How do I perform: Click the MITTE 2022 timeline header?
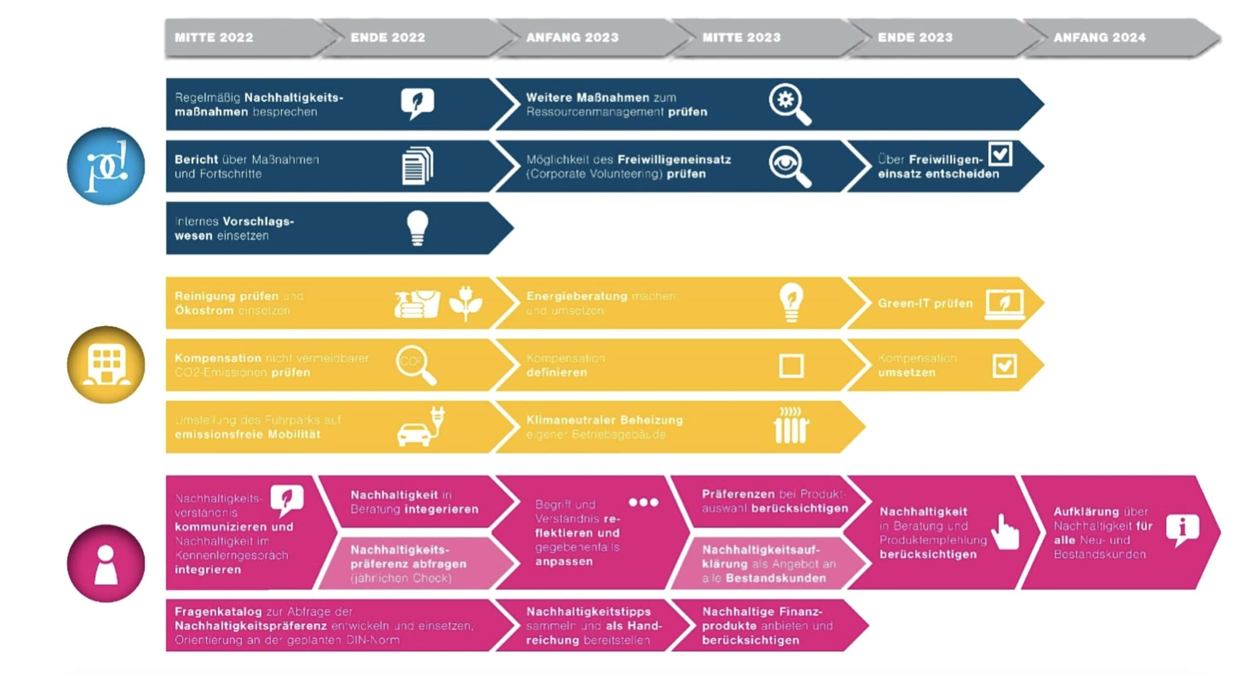(x=214, y=38)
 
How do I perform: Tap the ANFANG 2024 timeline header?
(x=1099, y=38)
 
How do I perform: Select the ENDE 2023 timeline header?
(x=915, y=38)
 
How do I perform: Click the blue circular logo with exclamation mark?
(x=106, y=166)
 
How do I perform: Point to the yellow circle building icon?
(x=106, y=365)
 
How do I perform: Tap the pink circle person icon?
(x=106, y=563)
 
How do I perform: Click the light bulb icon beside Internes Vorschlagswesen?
(x=418, y=228)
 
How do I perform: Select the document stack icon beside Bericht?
(x=418, y=166)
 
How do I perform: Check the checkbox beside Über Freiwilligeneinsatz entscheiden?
(x=1000, y=154)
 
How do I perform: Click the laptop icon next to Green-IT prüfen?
(x=1004, y=305)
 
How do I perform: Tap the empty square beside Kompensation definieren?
(x=791, y=366)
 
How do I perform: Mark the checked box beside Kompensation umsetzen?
(x=1004, y=366)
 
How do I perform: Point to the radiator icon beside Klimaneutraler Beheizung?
(x=791, y=426)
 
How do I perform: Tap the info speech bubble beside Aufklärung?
(x=1182, y=529)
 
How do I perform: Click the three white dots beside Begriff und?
(x=643, y=502)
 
